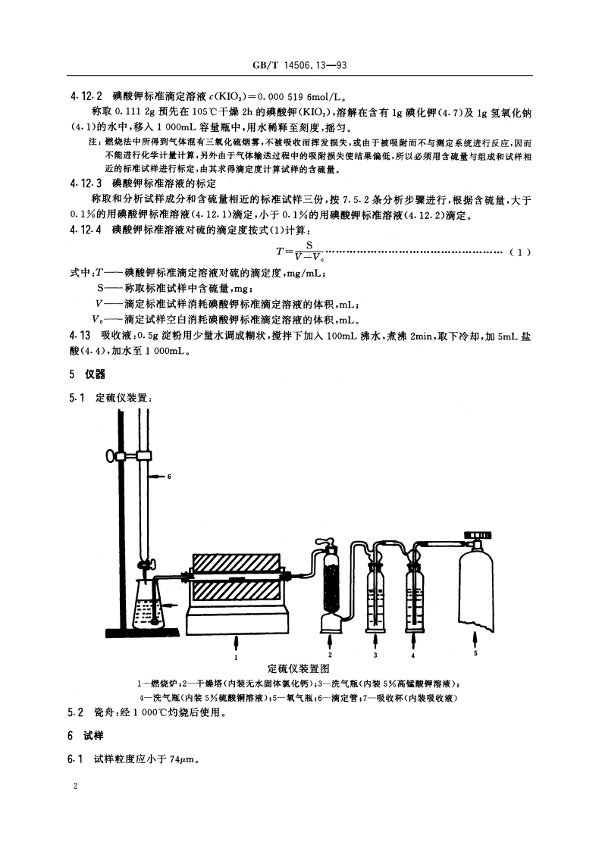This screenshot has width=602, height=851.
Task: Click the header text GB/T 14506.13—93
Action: [301, 66]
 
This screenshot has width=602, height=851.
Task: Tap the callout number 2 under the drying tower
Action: [331, 652]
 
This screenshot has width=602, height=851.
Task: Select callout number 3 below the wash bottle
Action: [375, 652]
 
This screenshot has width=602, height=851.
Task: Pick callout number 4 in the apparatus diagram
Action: [413, 652]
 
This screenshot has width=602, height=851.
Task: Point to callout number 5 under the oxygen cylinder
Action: [475, 652]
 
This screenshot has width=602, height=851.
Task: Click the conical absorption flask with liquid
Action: [147, 607]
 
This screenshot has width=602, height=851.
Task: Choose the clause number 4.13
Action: [80, 334]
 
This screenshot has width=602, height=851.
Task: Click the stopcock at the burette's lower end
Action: [147, 565]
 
